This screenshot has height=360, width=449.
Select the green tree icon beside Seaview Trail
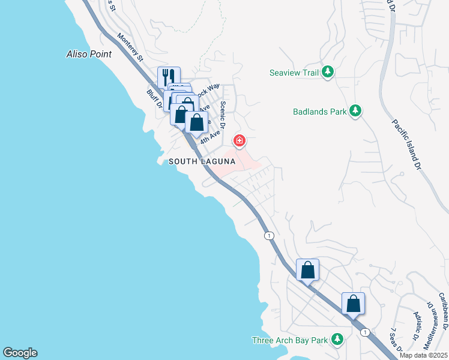(x=328, y=73)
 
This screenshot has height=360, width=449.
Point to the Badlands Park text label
(x=319, y=112)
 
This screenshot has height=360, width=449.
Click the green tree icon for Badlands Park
(x=356, y=111)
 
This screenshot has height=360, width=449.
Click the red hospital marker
(x=240, y=141)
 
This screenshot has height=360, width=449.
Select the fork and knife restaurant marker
(x=169, y=77)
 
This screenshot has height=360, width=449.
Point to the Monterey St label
(x=130, y=47)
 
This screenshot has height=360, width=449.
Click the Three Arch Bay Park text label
(x=290, y=340)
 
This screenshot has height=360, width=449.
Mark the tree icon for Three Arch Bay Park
(x=337, y=340)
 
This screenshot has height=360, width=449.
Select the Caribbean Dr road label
(x=444, y=310)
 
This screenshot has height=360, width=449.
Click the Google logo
(x=20, y=353)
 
